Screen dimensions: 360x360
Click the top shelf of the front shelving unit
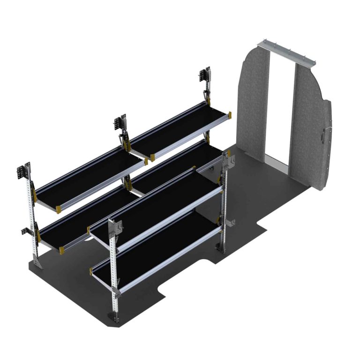(x=155, y=206)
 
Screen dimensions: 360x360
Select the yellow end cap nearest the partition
(x=230, y=112)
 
